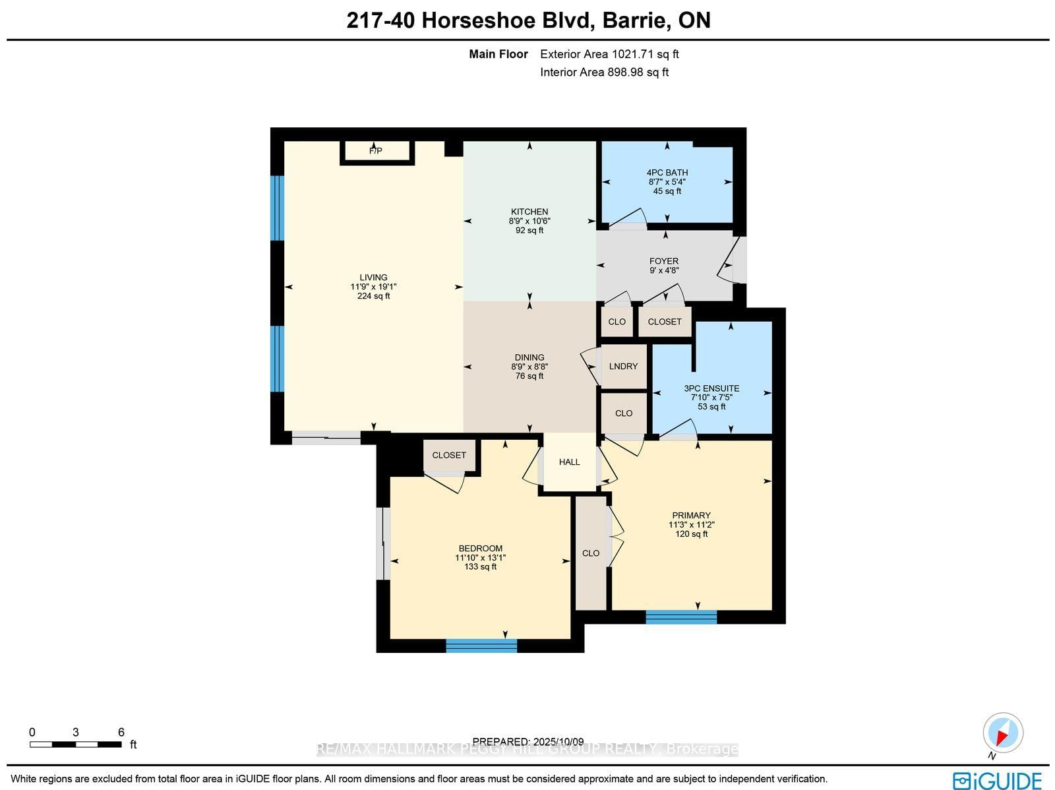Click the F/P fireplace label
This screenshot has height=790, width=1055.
375,151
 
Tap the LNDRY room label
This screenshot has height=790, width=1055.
623,366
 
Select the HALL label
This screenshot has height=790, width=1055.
569,462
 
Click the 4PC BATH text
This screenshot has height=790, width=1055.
667,173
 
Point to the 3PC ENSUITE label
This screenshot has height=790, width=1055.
711,388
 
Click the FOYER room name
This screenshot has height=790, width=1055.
663,261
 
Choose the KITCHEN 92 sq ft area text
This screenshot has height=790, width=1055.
529,231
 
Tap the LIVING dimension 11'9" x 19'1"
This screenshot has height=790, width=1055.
373,287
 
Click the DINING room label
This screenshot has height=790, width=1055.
529,357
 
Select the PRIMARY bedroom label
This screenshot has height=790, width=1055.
691,516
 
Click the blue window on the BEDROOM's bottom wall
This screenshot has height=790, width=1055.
481,646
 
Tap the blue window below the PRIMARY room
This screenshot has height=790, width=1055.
681,617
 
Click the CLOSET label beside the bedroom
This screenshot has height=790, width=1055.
449,455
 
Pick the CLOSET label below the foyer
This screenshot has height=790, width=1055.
664,322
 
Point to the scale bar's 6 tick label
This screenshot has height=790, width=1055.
121,732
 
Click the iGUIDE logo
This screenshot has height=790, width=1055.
997,780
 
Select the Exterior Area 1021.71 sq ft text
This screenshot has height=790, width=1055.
609,54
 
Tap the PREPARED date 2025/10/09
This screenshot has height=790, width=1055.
528,741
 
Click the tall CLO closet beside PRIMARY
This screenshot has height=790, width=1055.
591,553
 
